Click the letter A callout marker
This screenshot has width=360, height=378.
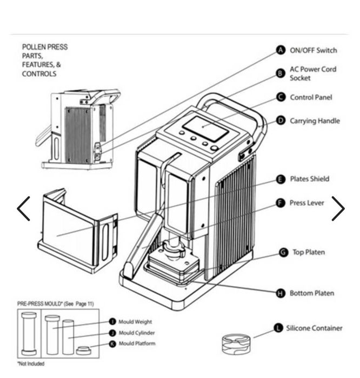click(x=281, y=50)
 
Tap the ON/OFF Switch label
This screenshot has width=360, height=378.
click(x=313, y=50)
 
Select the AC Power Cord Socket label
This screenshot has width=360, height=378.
click(x=312, y=73)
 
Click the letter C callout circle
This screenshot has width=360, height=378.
click(x=281, y=97)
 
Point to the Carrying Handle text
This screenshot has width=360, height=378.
click(x=315, y=121)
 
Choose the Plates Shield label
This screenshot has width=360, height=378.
click(x=309, y=179)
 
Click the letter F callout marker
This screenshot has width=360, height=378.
click(x=281, y=203)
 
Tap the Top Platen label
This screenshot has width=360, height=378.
click(x=309, y=252)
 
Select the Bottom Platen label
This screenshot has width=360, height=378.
click(x=311, y=293)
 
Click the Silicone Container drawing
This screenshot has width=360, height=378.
click(x=236, y=344)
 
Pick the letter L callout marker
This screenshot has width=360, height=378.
click(x=278, y=328)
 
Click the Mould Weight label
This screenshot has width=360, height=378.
click(x=135, y=322)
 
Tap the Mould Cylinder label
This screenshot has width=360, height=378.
click(x=136, y=333)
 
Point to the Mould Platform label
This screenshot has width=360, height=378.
click(x=137, y=343)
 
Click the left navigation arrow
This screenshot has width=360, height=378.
click(x=23, y=208)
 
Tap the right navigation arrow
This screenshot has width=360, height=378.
click(x=337, y=208)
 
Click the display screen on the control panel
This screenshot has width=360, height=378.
click(x=204, y=129)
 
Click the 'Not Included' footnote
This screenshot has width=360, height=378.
click(x=30, y=364)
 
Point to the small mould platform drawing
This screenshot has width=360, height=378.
click(x=83, y=350)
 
